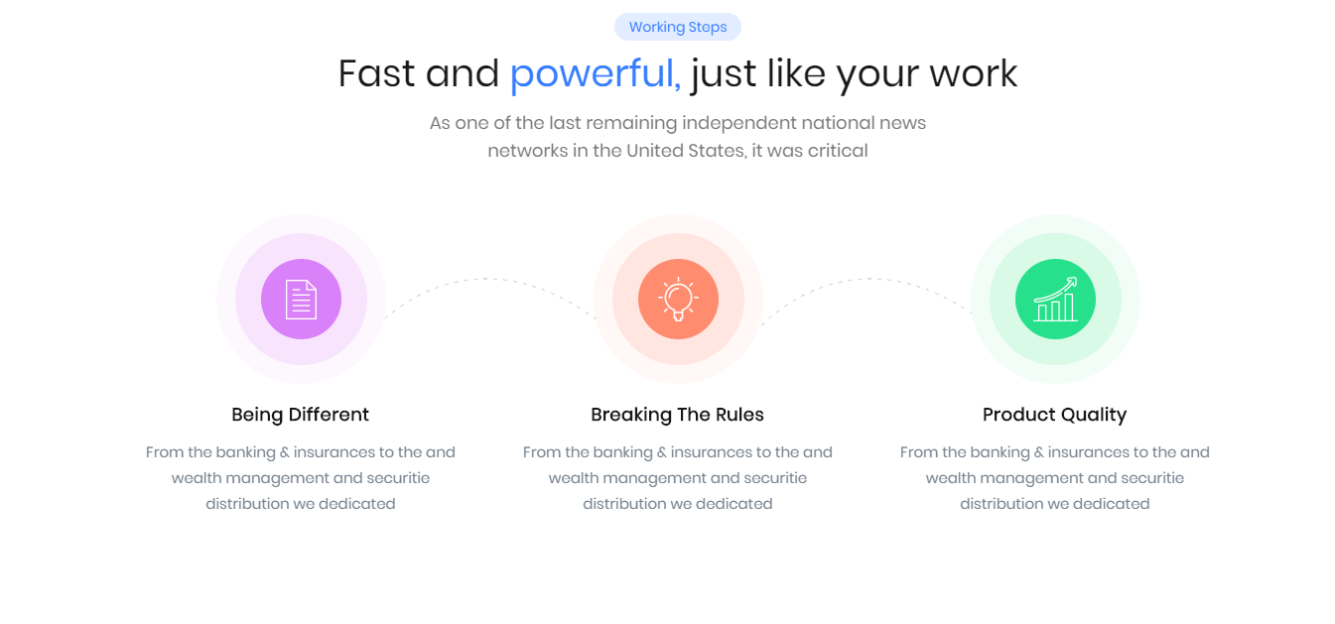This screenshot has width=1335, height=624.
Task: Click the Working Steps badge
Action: tap(678, 27)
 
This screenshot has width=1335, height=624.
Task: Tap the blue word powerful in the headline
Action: tap(595, 74)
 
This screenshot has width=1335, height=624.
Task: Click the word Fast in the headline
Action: tap(376, 73)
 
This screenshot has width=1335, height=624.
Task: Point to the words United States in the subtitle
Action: tap(686, 151)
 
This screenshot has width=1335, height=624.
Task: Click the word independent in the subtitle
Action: tap(739, 123)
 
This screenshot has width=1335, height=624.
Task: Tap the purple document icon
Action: tap(301, 300)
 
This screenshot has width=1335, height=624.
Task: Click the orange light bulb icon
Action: tap(678, 299)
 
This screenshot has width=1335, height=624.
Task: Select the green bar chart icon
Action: tap(1055, 300)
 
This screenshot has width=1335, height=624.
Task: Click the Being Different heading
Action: tap(301, 415)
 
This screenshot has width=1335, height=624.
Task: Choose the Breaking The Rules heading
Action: tap(678, 415)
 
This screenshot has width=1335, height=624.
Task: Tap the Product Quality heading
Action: tap(1055, 415)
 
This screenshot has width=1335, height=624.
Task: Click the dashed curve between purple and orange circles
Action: tap(489, 279)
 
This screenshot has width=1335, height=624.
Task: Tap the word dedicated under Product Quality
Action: tap(1112, 504)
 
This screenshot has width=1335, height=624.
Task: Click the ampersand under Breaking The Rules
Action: tap(661, 452)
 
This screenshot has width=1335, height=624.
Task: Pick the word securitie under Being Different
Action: tap(398, 478)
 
